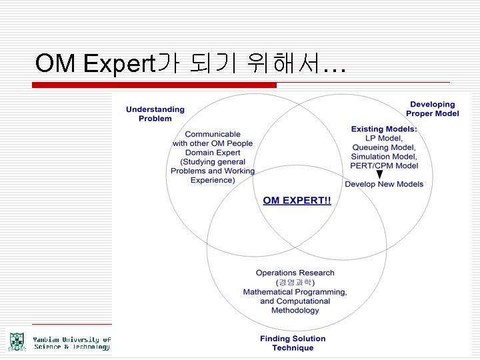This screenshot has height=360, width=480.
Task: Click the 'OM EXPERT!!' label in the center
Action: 297,201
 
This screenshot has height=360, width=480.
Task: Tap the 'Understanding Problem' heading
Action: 155,114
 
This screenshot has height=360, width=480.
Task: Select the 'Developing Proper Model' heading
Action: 433,109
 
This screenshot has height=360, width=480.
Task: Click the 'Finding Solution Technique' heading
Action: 293,343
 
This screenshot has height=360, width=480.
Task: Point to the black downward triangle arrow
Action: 379,175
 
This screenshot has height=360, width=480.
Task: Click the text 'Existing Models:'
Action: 384,129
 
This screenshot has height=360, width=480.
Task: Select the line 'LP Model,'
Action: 384,138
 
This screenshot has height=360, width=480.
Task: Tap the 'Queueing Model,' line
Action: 384,147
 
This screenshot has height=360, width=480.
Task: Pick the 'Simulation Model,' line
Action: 384,157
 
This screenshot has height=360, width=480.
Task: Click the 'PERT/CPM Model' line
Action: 385,166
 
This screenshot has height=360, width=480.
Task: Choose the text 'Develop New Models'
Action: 384,184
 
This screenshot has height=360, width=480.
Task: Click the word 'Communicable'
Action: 213,134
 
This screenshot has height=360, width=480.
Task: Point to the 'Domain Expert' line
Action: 213,153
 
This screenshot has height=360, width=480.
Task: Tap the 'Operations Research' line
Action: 295,273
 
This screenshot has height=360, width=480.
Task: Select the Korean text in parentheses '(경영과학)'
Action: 295,282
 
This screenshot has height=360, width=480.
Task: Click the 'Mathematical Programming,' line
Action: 295,292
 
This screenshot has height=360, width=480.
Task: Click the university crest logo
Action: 16,341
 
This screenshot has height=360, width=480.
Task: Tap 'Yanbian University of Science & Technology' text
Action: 72,343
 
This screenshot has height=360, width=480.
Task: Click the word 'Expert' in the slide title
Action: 119,64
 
